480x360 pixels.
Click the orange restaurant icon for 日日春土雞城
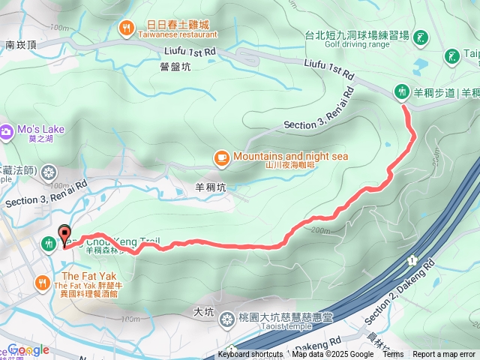coord(126,28)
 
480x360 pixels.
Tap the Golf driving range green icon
coord(421,36)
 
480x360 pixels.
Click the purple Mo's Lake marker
coord(7,130)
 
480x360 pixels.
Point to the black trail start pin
coord(64,235)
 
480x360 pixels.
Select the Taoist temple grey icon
coord(226,321)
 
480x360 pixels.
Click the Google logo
coord(28,349)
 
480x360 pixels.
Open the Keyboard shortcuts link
coord(250,355)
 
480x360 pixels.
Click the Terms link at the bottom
coord(393,355)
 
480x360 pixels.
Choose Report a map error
coord(444,355)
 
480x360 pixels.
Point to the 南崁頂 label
coord(19,45)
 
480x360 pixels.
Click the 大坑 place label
coord(203,310)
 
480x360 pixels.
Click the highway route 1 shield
coord(412,260)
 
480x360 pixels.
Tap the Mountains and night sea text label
coord(290,156)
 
